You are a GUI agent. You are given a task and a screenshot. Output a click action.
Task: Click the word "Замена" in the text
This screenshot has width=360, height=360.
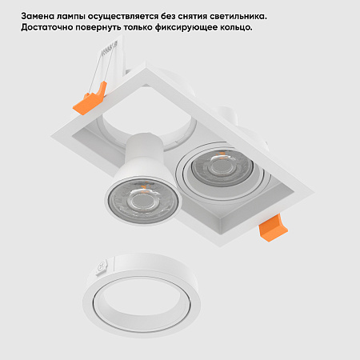coord(38,16)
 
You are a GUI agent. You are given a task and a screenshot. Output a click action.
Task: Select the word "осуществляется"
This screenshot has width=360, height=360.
coord(131,16)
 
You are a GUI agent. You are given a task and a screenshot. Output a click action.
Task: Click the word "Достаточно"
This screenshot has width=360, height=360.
coord(50,27)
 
